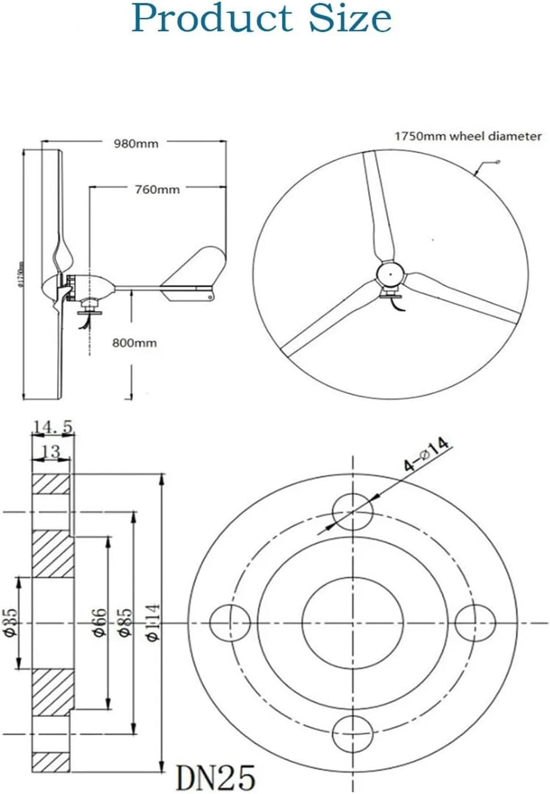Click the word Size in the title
(x=350, y=18)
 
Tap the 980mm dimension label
(x=136, y=144)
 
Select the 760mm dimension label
(x=157, y=189)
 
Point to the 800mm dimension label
(x=135, y=343)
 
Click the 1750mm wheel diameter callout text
(x=467, y=136)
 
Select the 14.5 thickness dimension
(x=53, y=428)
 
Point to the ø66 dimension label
(x=98, y=622)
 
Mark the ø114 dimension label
(x=153, y=622)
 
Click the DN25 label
(x=215, y=777)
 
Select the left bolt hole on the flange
(x=230, y=622)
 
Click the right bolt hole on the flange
(x=475, y=622)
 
